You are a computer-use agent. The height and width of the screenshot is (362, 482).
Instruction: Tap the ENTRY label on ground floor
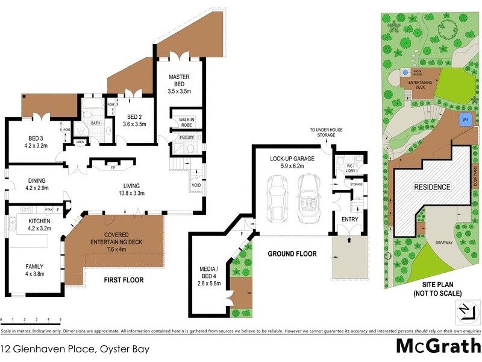coord(349,219)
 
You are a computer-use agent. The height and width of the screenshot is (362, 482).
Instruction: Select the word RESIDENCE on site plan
coord(431,187)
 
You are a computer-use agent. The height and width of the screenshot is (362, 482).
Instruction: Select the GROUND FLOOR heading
coord(292,254)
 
